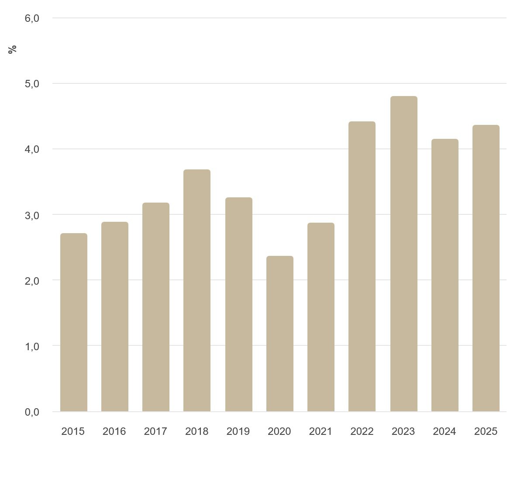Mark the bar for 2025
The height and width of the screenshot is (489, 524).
[486, 268]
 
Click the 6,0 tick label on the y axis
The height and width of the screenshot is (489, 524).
[32, 18]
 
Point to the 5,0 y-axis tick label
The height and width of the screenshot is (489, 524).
[32, 84]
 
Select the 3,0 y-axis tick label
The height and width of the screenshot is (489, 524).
[32, 215]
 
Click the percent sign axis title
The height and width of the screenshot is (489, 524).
[12, 49]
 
